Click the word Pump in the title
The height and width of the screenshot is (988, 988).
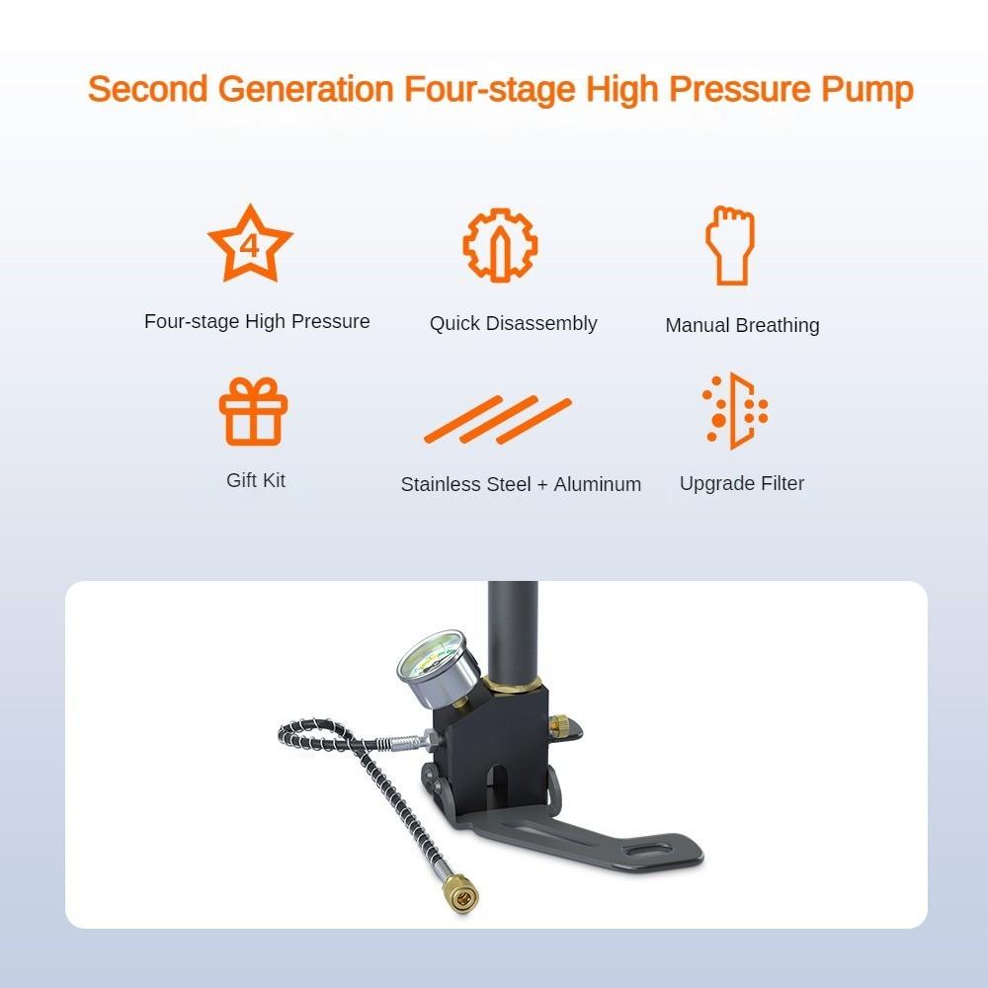point(866,89)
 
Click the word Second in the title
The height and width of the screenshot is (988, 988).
point(147,89)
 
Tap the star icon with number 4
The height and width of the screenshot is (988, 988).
point(250,244)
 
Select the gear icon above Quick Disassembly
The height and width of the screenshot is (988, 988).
point(500,244)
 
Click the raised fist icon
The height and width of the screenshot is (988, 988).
point(729,245)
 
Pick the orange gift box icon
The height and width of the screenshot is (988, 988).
point(253,412)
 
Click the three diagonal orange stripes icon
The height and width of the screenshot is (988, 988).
point(498,420)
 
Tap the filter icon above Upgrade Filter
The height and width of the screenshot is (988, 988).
point(735,412)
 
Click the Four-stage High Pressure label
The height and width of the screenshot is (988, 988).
point(257,321)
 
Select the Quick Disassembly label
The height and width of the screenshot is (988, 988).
point(513,323)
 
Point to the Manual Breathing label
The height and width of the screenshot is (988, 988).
point(742,325)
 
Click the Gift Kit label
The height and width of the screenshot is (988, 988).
point(256,480)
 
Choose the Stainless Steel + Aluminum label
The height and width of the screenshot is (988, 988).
point(521,484)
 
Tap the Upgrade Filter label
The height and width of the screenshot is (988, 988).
point(742,483)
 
